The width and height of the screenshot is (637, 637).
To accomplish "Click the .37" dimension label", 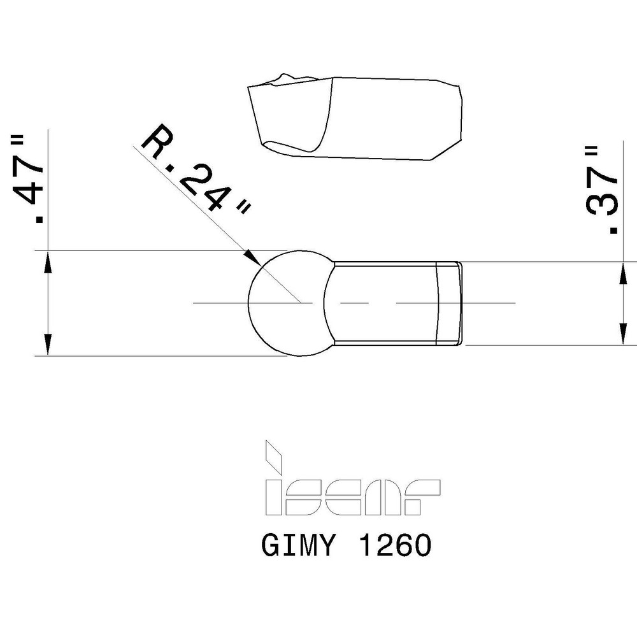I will pos(602,190).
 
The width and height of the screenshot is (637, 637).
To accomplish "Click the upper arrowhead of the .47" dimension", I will pos(47,261).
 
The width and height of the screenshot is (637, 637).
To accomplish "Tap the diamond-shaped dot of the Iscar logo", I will pos(275,454).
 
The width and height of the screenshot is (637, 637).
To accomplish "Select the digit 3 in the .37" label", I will pos(602,203).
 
